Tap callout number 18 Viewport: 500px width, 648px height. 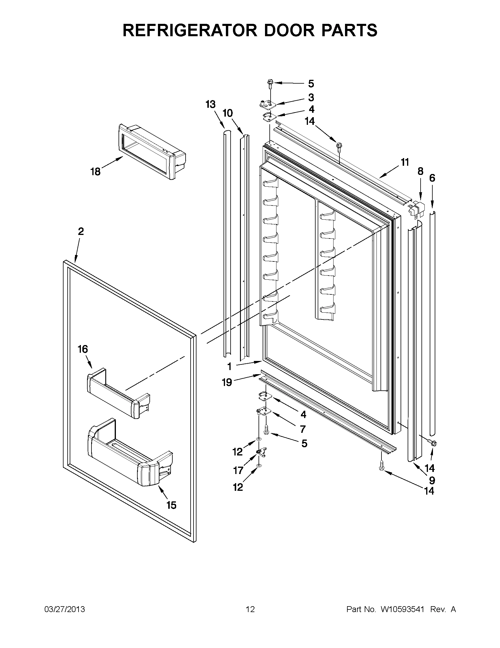coord(95,171)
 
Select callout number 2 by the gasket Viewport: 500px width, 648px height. coord(81,231)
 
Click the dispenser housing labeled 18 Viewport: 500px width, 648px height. coord(151,151)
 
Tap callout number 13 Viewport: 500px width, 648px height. coord(210,105)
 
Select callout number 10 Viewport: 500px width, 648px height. coord(228,113)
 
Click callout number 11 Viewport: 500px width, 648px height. coord(405,162)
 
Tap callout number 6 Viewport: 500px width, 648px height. coord(432,178)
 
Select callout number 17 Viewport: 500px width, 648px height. coord(238,470)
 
